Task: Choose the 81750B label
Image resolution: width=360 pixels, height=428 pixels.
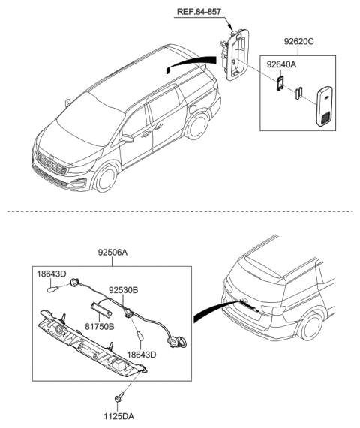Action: pos(97,327)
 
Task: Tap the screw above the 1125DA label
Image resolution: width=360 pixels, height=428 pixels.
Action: pos(119,397)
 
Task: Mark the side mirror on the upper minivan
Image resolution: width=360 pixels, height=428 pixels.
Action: pos(129,139)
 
